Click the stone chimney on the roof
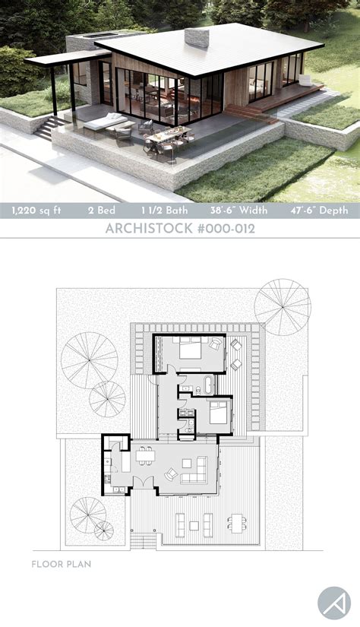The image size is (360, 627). pyautogui.click(x=198, y=38)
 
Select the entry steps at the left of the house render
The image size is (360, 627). pyautogui.click(x=46, y=128)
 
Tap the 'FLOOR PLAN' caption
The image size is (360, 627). pyautogui.click(x=62, y=564)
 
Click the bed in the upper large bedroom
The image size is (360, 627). pyautogui.click(x=190, y=351)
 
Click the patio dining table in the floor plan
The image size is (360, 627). pyautogui.click(x=237, y=521)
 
